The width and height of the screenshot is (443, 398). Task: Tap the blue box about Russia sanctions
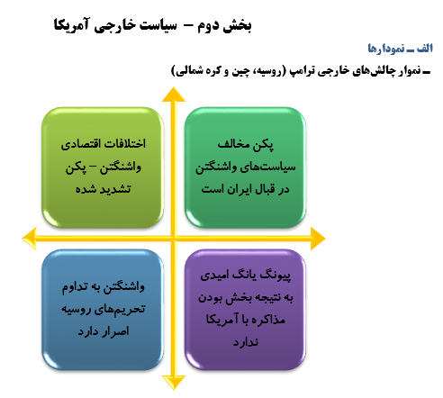pyautogui.click(x=95, y=310)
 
